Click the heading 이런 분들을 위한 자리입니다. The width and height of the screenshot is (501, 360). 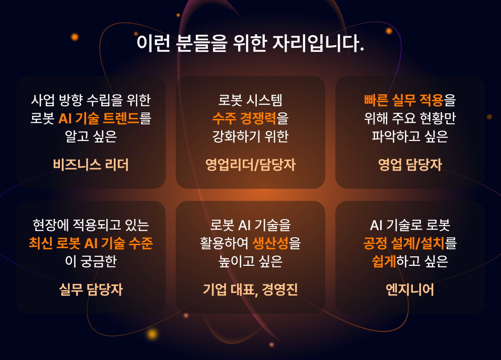(250, 43)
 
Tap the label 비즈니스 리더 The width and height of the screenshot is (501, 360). (91, 165)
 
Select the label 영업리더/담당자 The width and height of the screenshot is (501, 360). (251, 165)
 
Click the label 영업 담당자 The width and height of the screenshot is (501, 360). (410, 165)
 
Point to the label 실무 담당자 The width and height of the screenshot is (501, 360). (91, 290)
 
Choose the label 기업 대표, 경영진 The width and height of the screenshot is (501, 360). (251, 290)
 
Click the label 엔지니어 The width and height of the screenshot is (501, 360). (410, 290)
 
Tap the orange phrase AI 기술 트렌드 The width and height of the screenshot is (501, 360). (99, 118)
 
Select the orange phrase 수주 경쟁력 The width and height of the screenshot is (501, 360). (244, 118)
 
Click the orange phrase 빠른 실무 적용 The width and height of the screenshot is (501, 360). (403, 100)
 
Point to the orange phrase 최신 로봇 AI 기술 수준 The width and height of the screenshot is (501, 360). (91, 243)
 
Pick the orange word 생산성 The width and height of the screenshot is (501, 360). (270, 243)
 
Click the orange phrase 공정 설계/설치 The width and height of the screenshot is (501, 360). (404, 243)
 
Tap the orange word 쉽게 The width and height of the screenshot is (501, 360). (384, 262)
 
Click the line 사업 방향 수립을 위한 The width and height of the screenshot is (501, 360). (91, 100)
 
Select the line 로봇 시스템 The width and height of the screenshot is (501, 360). (251, 100)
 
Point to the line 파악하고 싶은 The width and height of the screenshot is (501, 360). (410, 137)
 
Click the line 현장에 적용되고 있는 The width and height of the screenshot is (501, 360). (91, 225)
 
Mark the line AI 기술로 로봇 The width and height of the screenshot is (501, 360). (410, 225)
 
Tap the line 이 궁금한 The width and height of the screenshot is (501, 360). (91, 262)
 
